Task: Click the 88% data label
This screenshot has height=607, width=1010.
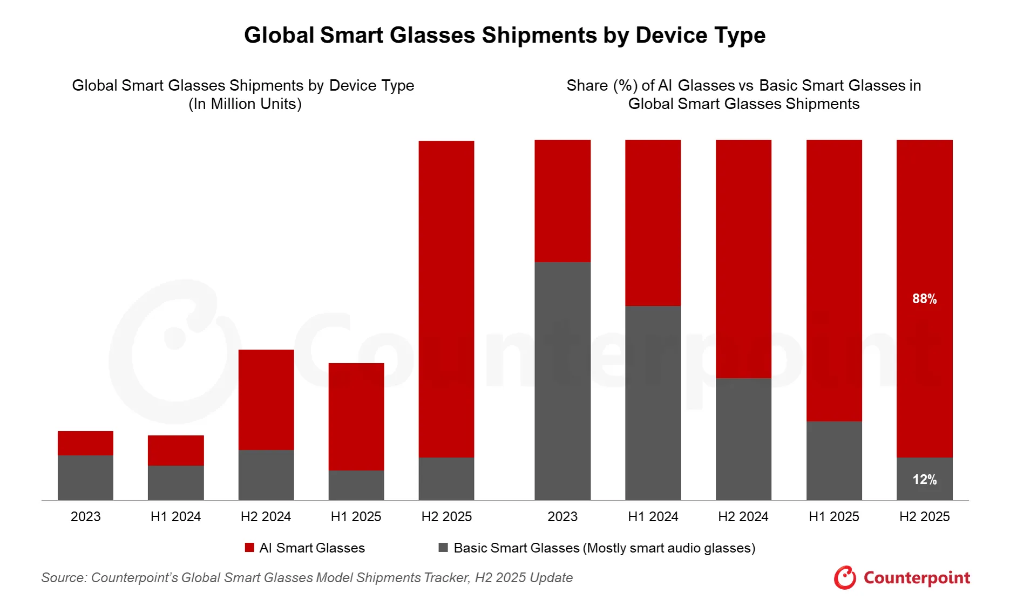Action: coord(924,299)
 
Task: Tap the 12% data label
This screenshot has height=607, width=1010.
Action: coord(924,480)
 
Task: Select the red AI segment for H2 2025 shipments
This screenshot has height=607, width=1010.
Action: coord(446,299)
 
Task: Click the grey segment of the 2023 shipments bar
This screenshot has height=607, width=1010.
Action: coord(85,478)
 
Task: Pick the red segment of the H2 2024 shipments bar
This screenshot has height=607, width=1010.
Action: coord(266,399)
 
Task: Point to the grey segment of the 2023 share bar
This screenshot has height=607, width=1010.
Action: coord(562,381)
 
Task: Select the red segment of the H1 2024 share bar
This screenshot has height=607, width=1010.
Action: coord(653,222)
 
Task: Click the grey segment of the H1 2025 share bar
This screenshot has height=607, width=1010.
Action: coord(834,460)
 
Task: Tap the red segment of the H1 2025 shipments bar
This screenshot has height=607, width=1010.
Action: coord(356,417)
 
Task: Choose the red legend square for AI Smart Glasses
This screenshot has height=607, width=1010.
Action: coord(249,548)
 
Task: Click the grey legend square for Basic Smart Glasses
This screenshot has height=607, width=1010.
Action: coord(443,548)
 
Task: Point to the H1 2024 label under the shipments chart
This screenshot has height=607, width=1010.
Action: coord(175,517)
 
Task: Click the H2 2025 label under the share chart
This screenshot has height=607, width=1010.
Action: coord(924,517)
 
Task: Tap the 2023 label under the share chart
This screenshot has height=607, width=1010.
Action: coord(562,517)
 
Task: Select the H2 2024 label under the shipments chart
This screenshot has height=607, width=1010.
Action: coord(266,517)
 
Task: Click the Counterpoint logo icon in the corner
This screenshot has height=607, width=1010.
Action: coord(845,578)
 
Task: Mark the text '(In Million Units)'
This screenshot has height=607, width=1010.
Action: coord(245,104)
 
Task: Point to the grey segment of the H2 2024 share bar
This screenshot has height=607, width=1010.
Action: coord(743,439)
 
